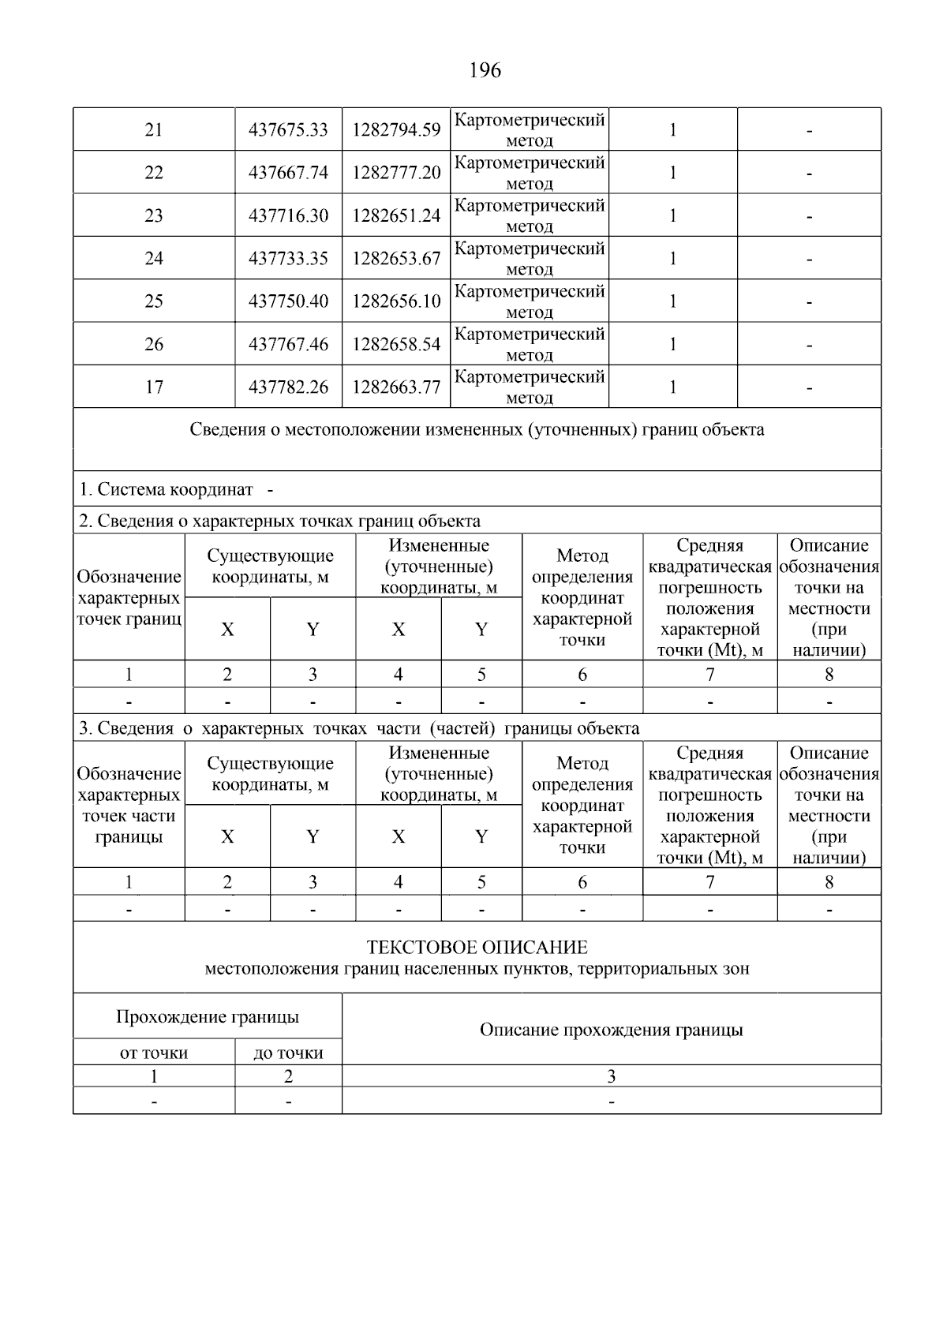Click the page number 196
coord(485,71)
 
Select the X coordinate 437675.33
coord(288,130)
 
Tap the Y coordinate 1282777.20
coord(396,173)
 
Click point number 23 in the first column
coord(154,215)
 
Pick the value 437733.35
coord(288,259)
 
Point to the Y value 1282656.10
coord(396,301)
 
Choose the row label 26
coord(154,344)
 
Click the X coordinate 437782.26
coord(288,387)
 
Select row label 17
coord(154,387)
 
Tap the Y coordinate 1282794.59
coord(396,130)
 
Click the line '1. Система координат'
coord(166,490)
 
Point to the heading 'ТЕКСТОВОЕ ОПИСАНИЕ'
coord(477,947)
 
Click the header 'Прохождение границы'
coord(208,1017)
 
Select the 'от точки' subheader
coord(154,1053)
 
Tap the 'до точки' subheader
coord(288,1053)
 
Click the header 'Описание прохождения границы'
coord(611,1030)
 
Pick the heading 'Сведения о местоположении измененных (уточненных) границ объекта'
coord(477,430)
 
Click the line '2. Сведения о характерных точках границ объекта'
coord(279,522)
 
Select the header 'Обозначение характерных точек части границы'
coord(129,806)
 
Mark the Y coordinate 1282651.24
coord(396,215)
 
